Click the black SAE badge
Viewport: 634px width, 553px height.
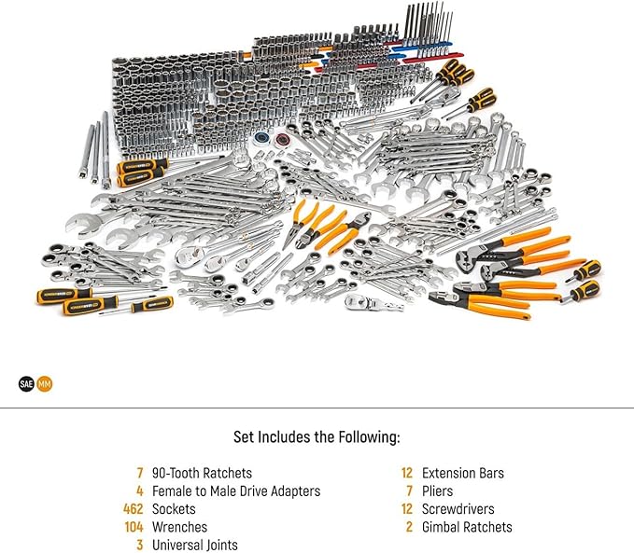point(26,384)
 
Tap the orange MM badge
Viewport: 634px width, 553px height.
point(45,384)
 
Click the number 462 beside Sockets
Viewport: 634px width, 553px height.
point(133,509)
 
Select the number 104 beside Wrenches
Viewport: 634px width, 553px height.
point(134,527)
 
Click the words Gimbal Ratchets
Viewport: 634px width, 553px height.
point(467,527)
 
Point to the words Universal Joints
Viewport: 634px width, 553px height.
point(195,545)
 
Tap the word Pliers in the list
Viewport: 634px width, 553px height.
point(438,491)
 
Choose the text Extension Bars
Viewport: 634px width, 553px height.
point(463,473)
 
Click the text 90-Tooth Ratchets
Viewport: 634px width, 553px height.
point(202,473)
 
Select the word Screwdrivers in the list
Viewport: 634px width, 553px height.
point(458,509)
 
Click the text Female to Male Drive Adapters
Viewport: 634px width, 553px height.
point(236,491)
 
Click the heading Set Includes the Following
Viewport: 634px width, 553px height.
point(317,436)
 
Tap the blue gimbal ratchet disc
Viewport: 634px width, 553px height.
point(261,138)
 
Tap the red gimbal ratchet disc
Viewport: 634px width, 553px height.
point(280,139)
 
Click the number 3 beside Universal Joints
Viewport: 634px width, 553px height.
point(140,545)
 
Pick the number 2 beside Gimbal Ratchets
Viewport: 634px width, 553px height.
point(409,527)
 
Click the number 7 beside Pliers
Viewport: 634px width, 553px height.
point(410,491)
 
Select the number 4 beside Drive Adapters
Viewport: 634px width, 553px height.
point(140,491)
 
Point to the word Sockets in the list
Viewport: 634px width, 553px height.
point(174,509)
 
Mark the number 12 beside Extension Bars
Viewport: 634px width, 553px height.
point(407,473)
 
